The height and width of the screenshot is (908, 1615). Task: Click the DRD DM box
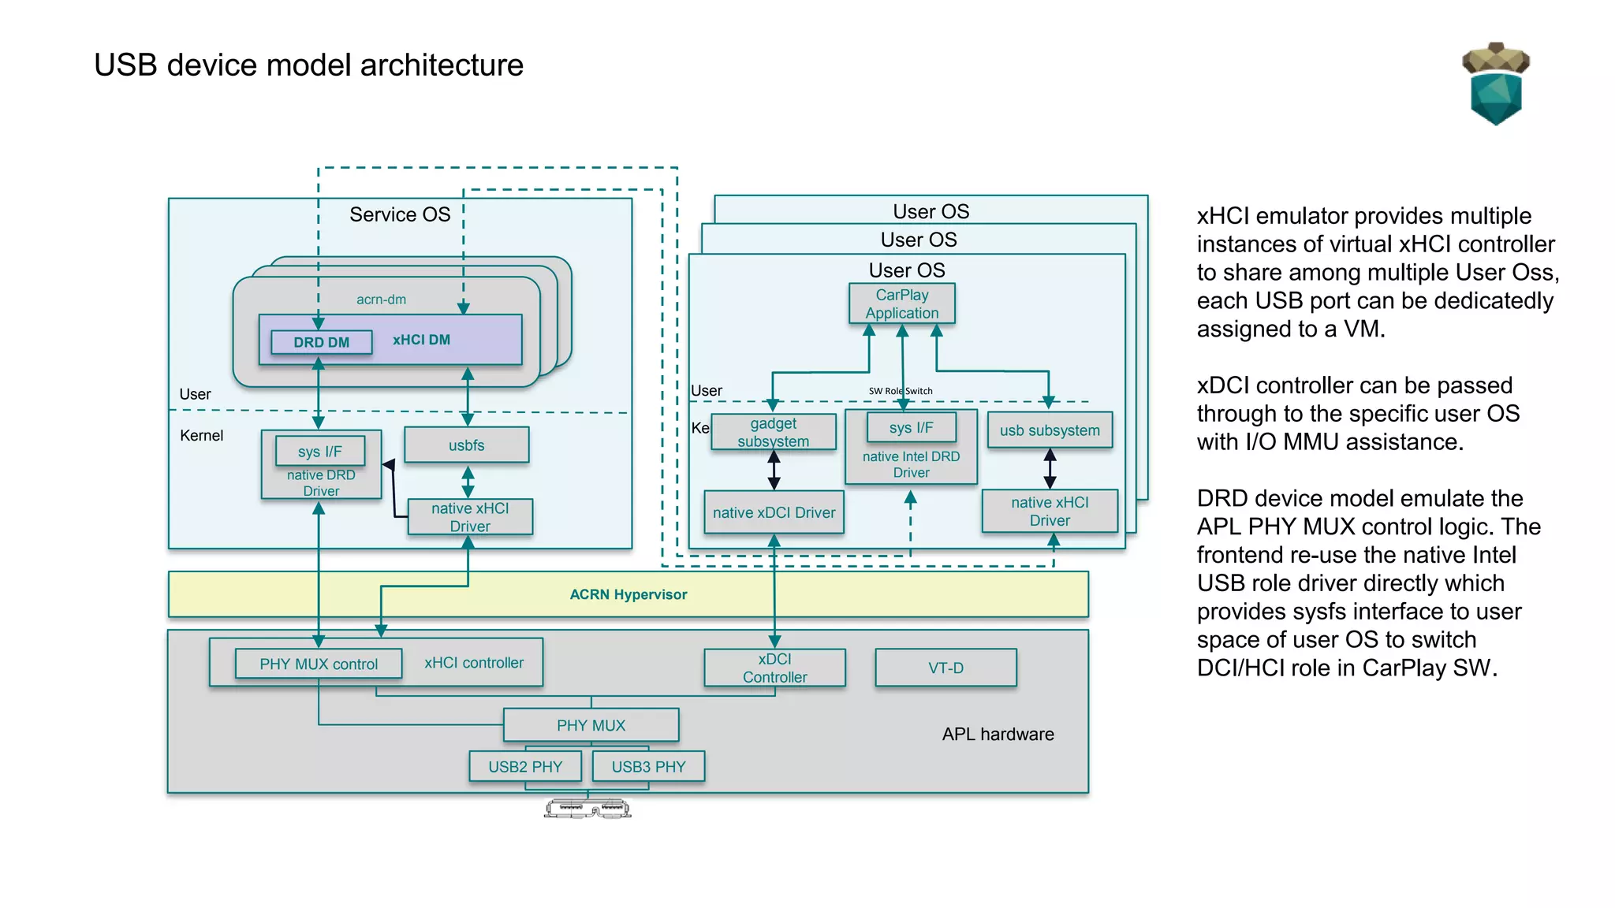pyautogui.click(x=321, y=342)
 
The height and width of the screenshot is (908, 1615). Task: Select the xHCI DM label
pyautogui.click(x=421, y=340)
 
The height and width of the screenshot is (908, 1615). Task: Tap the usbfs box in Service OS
pyautogui.click(x=466, y=445)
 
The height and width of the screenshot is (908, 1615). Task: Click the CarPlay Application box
pyautogui.click(x=901, y=303)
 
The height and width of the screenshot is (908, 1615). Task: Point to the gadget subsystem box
pyautogui.click(x=773, y=432)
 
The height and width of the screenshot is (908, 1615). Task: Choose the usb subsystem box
pyautogui.click(x=1049, y=430)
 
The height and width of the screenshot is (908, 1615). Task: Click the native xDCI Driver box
pyautogui.click(x=774, y=512)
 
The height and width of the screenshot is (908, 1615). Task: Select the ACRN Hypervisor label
pyautogui.click(x=628, y=594)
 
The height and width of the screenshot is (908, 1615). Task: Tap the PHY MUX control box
pyautogui.click(x=319, y=664)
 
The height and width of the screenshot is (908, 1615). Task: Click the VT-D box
pyautogui.click(x=946, y=668)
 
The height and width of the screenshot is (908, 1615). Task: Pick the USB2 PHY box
pyautogui.click(x=525, y=766)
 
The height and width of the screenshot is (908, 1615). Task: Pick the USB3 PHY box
pyautogui.click(x=648, y=766)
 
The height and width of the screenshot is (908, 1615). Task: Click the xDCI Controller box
pyautogui.click(x=774, y=668)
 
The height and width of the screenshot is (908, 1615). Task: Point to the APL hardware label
pyautogui.click(x=998, y=734)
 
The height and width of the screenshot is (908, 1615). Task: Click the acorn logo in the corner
pyautogui.click(x=1495, y=84)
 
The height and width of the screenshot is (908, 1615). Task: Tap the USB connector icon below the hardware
pyautogui.click(x=587, y=809)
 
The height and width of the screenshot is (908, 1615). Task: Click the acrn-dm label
pyautogui.click(x=381, y=300)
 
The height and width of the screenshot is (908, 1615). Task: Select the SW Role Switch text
pyautogui.click(x=901, y=391)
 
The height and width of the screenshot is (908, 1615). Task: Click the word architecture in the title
pyautogui.click(x=442, y=65)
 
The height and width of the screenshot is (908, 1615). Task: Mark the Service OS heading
pyautogui.click(x=400, y=214)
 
